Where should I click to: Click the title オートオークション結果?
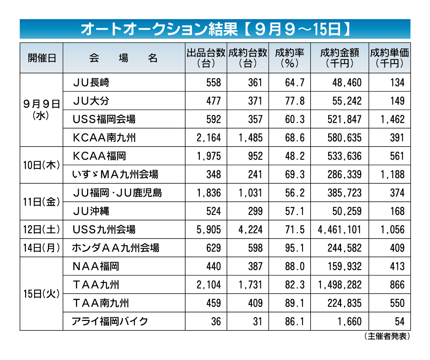(159, 29)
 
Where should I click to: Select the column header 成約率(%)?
(289, 58)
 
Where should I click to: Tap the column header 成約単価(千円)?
(389, 58)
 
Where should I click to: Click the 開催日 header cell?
(42, 58)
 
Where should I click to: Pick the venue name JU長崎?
(91, 82)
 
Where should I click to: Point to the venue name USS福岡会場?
(104, 119)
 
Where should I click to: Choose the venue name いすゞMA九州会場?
(115, 174)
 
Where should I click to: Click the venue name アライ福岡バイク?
(110, 321)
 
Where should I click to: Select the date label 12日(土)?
(41, 229)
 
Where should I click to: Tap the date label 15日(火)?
(41, 293)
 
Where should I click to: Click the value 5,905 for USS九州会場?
(209, 230)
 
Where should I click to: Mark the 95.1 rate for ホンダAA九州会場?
(295, 248)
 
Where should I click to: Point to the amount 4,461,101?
(339, 230)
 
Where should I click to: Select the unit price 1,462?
(392, 119)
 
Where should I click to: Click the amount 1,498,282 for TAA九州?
(340, 285)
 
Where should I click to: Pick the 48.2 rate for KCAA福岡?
(295, 156)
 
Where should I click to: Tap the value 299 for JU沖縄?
(255, 211)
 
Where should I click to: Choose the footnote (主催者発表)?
(387, 336)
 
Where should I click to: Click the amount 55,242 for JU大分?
(347, 101)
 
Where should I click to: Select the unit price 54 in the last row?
(400, 322)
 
